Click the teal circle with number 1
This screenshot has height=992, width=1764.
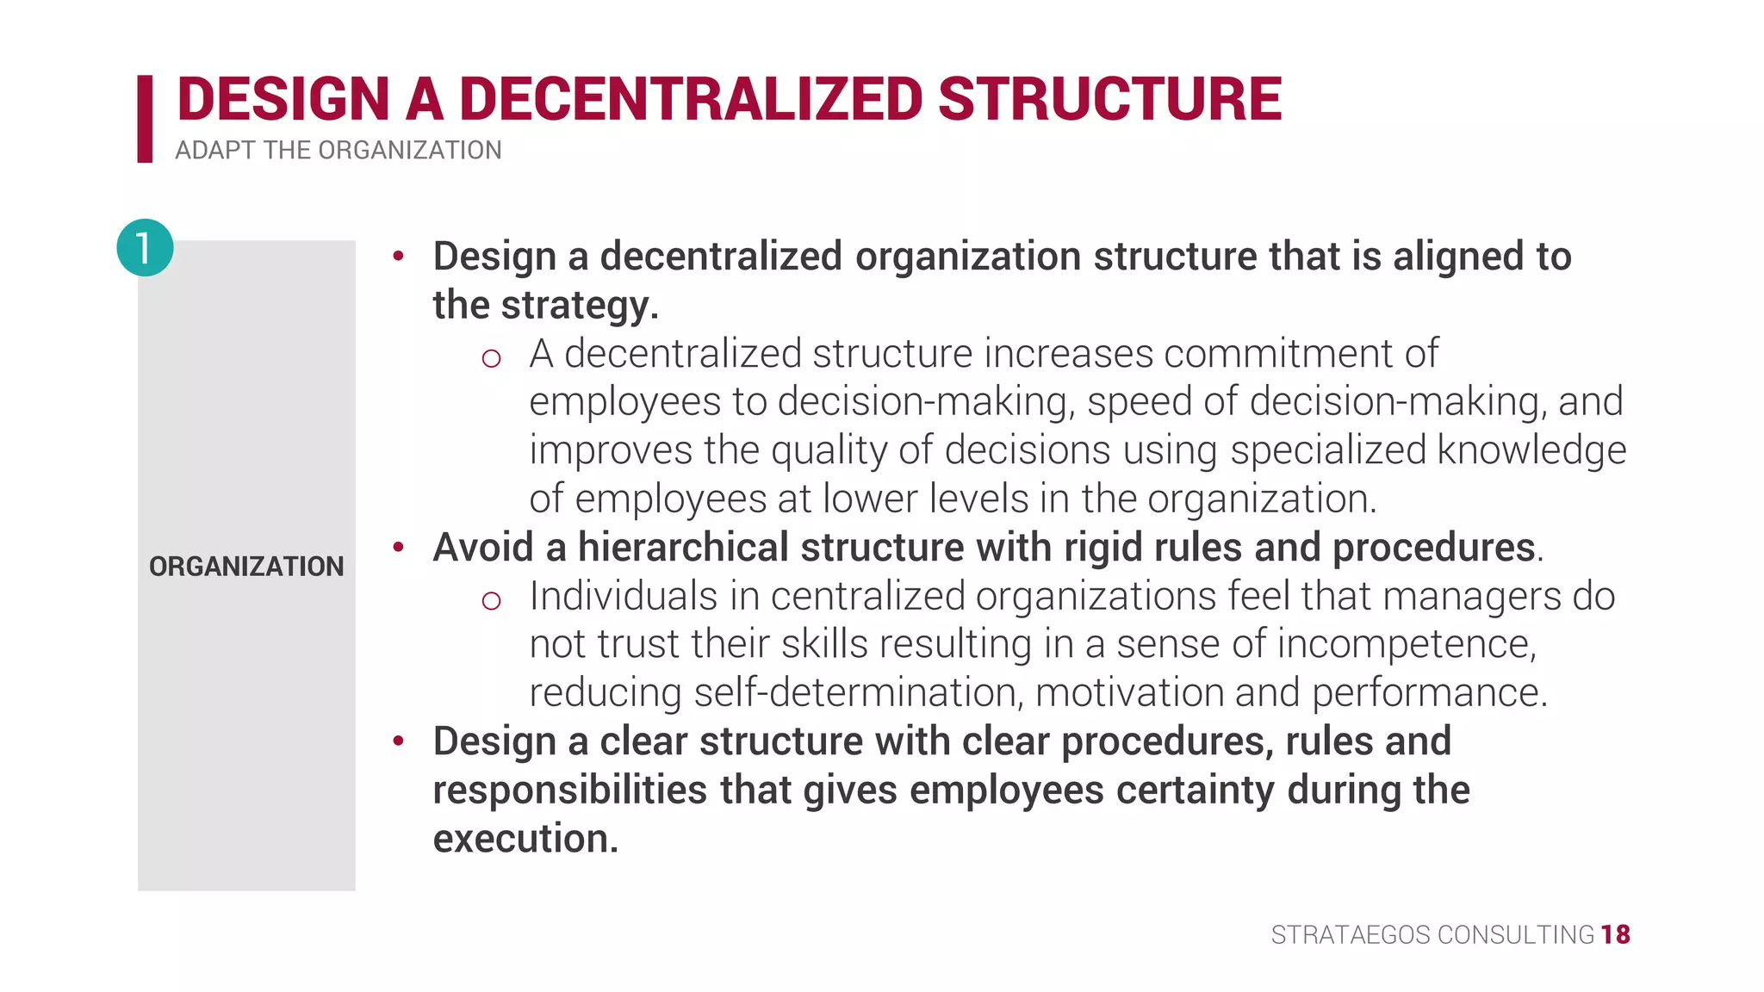[x=145, y=248]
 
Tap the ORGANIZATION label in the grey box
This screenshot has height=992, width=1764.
[x=246, y=567]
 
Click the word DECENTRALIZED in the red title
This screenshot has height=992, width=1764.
[x=691, y=99]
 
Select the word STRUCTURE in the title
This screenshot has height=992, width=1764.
[x=1109, y=99]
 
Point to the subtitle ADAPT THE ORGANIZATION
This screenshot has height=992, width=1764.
[x=338, y=151]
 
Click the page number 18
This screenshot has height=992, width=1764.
[x=1615, y=934]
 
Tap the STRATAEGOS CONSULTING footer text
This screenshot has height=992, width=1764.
[x=1432, y=934]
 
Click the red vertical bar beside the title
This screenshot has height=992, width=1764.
[x=145, y=119]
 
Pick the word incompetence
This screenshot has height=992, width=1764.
[x=1406, y=644]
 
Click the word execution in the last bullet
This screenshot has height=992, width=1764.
[x=525, y=839]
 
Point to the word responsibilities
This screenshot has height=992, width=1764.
[x=570, y=790]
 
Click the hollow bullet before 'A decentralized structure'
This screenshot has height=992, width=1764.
[x=491, y=358]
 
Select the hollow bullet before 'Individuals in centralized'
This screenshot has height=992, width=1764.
[x=491, y=600]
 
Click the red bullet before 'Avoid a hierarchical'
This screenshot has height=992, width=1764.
[x=398, y=547]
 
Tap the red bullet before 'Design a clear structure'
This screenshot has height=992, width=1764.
[x=398, y=741]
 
